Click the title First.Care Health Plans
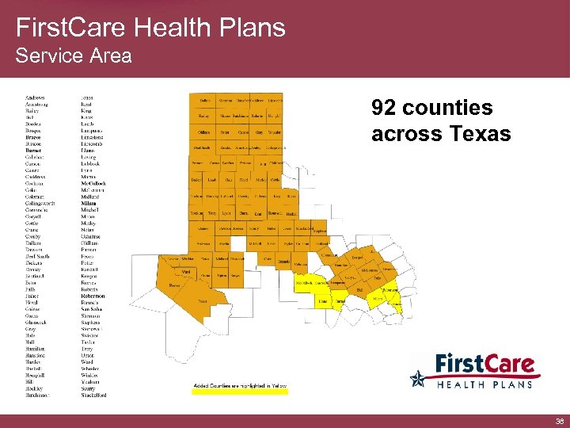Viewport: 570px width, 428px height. pyautogui.click(x=150, y=28)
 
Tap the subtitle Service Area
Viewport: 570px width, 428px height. pyautogui.click(x=74, y=56)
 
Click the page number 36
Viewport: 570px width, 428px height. pyautogui.click(x=559, y=422)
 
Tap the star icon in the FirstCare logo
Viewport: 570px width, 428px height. pyautogui.click(x=417, y=379)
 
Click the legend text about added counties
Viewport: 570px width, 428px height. pyautogui.click(x=241, y=385)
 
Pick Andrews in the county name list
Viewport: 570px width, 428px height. pyautogui.click(x=35, y=97)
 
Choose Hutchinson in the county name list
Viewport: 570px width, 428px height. pyautogui.click(x=37, y=394)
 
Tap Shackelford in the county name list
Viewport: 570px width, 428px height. pyautogui.click(x=93, y=394)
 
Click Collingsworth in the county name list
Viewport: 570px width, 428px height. pyautogui.click(x=40, y=203)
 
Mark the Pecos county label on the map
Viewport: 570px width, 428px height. pyautogui.click(x=203, y=302)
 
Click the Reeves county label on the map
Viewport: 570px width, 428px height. pyautogui.click(x=175, y=285)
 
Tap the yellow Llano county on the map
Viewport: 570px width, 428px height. pyautogui.click(x=323, y=301)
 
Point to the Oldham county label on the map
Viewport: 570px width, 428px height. pyautogui.click(x=203, y=132)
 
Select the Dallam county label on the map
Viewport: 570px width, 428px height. pyautogui.click(x=205, y=101)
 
